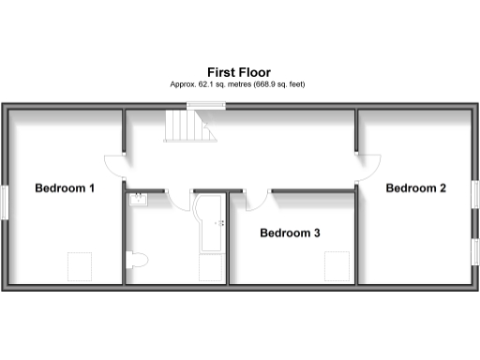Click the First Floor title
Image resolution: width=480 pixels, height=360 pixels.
pyautogui.click(x=239, y=71)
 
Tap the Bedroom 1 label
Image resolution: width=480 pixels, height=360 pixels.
pyautogui.click(x=65, y=187)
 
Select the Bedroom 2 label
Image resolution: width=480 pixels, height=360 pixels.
pyautogui.click(x=416, y=187)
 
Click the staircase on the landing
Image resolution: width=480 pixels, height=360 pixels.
pyautogui.click(x=185, y=125)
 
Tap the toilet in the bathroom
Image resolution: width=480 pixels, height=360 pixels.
pyautogui.click(x=139, y=259)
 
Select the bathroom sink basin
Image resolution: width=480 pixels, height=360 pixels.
pyautogui.click(x=138, y=199)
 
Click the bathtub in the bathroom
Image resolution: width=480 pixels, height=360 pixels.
pyautogui.click(x=210, y=223)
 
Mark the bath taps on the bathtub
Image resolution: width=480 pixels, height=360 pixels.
pyautogui.click(x=220, y=223)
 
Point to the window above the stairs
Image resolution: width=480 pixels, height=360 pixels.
pyautogui.click(x=197, y=104)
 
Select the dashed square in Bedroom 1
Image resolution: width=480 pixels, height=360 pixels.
pyautogui.click(x=79, y=266)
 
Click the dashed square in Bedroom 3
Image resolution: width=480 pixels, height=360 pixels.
pyautogui.click(x=336, y=267)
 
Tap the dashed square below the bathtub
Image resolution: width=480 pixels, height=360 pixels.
pyautogui.click(x=210, y=269)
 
